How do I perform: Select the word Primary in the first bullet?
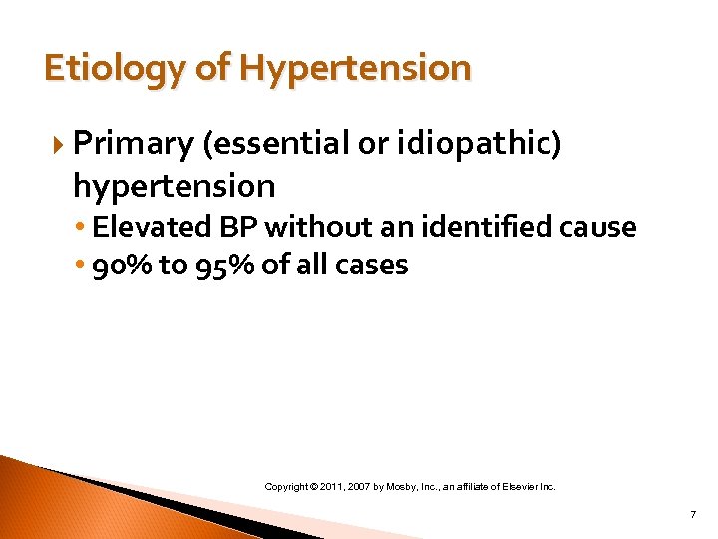click(x=133, y=145)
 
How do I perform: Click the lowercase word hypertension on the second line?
click(x=174, y=185)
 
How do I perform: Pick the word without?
click(x=313, y=227)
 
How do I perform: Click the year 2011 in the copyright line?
click(x=333, y=487)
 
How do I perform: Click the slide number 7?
click(x=692, y=515)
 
